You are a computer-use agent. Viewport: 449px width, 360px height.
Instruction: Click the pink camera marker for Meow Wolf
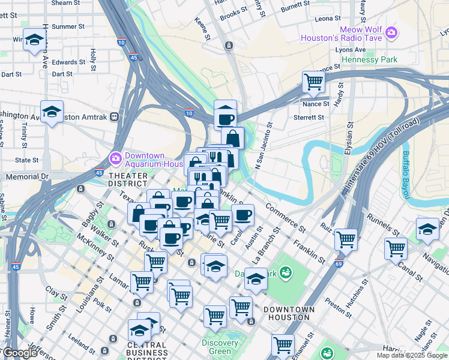pyautogui.click(x=391, y=32)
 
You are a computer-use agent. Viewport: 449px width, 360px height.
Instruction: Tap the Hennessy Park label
pyautogui.click(x=369, y=60)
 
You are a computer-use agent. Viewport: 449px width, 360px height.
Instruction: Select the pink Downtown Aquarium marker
pyautogui.click(x=115, y=158)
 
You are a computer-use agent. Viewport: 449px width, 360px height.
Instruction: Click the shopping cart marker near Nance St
pyautogui.click(x=313, y=82)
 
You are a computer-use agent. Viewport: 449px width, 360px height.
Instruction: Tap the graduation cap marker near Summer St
pyautogui.click(x=34, y=40)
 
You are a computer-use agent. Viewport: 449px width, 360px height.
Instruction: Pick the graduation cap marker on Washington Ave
pyautogui.click(x=52, y=112)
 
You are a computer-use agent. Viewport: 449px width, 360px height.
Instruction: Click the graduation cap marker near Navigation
pyautogui.click(x=427, y=229)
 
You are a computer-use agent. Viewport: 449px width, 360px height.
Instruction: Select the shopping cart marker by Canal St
pyautogui.click(x=396, y=247)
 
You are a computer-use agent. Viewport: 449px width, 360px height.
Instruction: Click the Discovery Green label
pyautogui.click(x=220, y=347)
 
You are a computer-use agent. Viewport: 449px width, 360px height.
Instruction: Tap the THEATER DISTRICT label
pyautogui.click(x=128, y=179)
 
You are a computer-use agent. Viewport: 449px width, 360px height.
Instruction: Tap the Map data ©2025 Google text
pyautogui.click(x=411, y=355)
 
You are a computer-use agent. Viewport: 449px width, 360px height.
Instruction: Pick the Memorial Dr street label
pyautogui.click(x=26, y=177)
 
